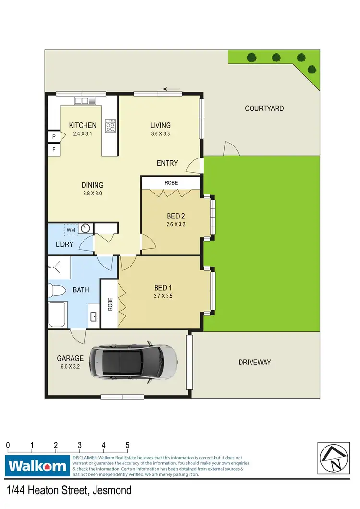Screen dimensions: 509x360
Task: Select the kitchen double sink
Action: pyautogui.click(x=85, y=101)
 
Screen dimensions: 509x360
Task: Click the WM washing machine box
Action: pyautogui.click(x=71, y=230)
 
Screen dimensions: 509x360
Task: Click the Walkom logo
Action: pyautogui.click(x=37, y=466)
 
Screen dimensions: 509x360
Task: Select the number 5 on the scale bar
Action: pyautogui.click(x=127, y=445)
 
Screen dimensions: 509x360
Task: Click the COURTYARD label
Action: pyautogui.click(x=264, y=109)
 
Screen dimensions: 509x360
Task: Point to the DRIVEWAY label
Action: pyautogui.click(x=254, y=363)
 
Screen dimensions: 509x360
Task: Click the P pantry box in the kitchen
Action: pyautogui.click(x=53, y=137)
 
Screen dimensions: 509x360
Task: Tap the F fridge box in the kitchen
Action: pyautogui.click(x=53, y=150)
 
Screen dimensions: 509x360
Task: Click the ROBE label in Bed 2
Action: pyautogui.click(x=171, y=183)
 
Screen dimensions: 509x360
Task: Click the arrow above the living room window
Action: pyautogui.click(x=171, y=89)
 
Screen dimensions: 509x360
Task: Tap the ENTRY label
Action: pyautogui.click(x=167, y=163)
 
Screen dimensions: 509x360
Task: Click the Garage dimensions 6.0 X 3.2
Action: pyautogui.click(x=70, y=366)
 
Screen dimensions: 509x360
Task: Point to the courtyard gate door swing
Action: pyautogui.click(x=231, y=149)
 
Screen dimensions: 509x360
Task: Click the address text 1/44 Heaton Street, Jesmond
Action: pyautogui.click(x=69, y=491)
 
